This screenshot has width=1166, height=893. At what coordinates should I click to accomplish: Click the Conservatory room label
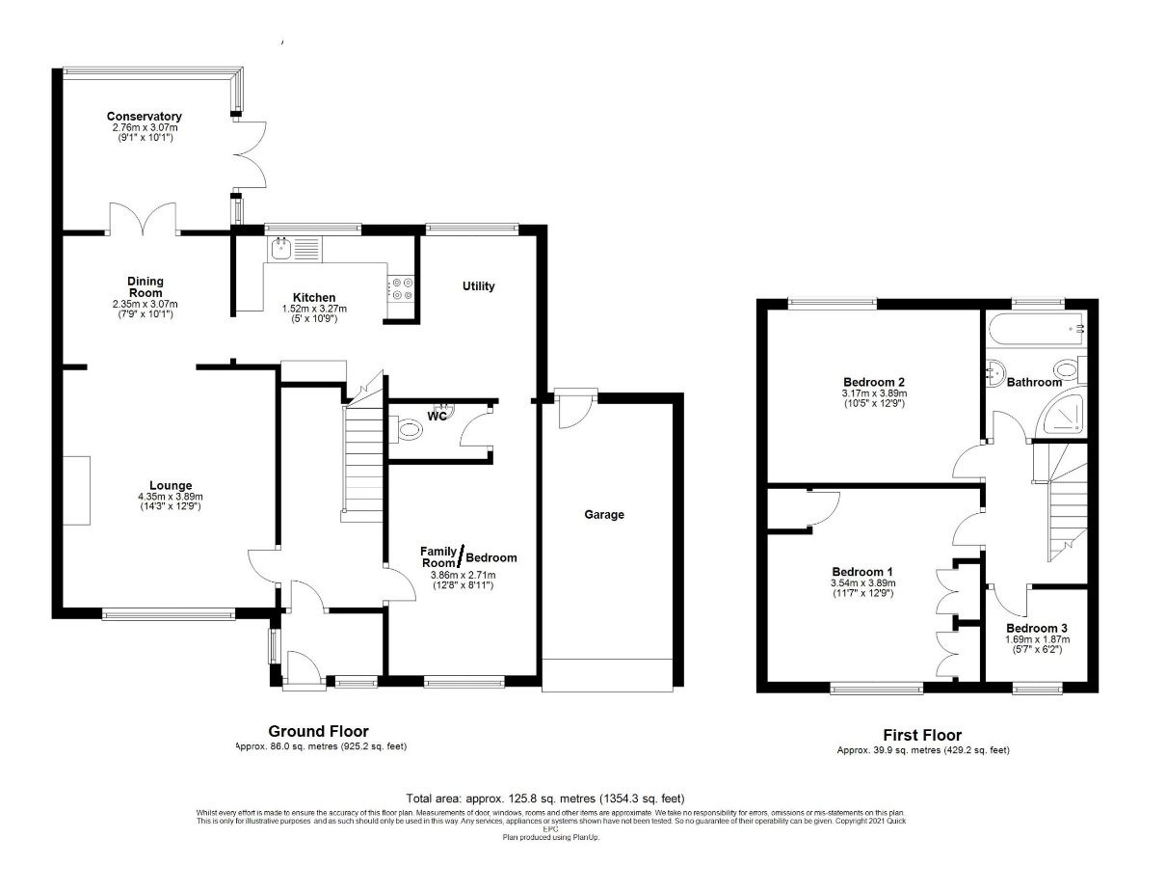(145, 116)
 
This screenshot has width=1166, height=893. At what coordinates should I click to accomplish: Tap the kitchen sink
(281, 251)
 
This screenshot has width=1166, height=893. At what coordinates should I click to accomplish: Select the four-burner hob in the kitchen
(400, 288)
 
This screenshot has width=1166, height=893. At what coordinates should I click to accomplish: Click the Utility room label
(478, 286)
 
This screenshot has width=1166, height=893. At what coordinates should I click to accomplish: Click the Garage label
(604, 514)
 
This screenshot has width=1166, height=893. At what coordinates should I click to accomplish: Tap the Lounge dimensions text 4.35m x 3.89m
(170, 496)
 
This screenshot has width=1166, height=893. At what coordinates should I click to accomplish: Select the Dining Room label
(146, 286)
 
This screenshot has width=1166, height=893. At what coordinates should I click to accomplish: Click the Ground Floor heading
(318, 732)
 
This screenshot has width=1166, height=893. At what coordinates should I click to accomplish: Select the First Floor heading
(922, 736)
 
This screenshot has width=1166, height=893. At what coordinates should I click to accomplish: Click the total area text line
(544, 798)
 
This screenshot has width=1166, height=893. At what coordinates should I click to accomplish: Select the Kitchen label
(314, 297)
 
